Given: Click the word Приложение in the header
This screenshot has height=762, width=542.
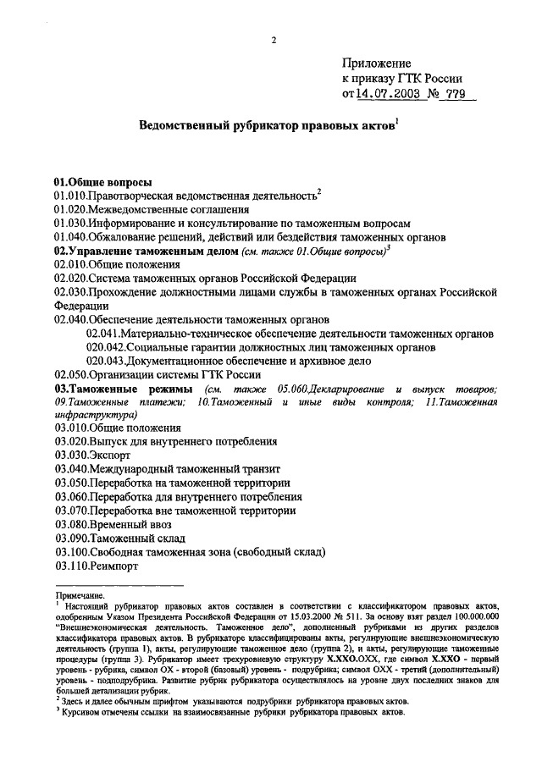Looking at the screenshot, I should pyautogui.click(x=376, y=63).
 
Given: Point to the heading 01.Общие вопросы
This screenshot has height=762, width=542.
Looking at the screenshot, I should pyautogui.click(x=102, y=181).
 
